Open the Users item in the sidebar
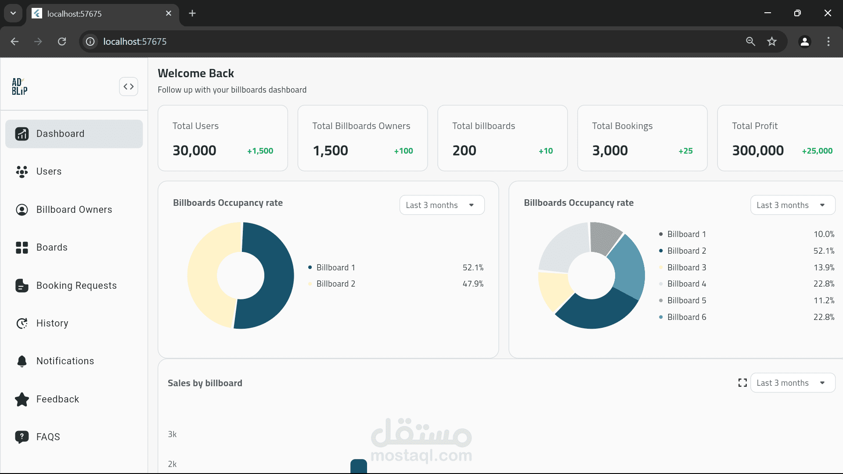click(x=49, y=172)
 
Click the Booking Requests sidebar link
click(x=76, y=286)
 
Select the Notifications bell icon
click(x=22, y=361)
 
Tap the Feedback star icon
click(x=22, y=399)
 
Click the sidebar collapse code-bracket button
click(x=129, y=86)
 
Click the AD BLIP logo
click(x=19, y=86)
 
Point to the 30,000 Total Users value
click(x=194, y=151)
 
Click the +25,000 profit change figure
click(x=817, y=151)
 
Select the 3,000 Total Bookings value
click(x=610, y=151)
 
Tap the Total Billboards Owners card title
click(x=361, y=126)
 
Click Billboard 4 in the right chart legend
click(x=686, y=284)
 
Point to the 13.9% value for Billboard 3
click(x=824, y=268)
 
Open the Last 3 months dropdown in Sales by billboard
click(x=793, y=383)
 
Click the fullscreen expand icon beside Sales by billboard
click(x=742, y=383)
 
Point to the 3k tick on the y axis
click(x=172, y=434)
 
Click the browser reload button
click(x=62, y=42)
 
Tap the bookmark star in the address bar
click(x=772, y=42)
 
